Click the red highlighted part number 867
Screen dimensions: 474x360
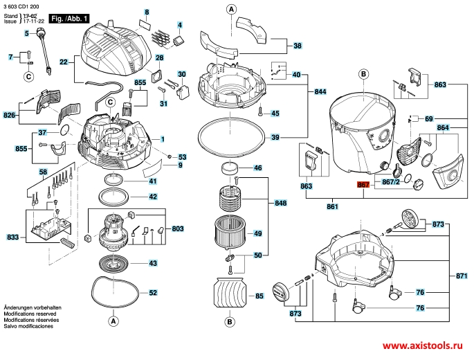click(363, 184)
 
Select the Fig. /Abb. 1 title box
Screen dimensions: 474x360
click(69, 19)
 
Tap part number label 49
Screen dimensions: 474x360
click(257, 233)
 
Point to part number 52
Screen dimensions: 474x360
click(153, 293)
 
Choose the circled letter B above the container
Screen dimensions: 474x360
click(363, 74)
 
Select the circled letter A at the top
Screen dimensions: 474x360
click(231, 10)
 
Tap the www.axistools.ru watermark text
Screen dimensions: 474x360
click(422, 345)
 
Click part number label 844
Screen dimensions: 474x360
click(320, 91)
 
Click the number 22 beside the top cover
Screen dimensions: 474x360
click(64, 62)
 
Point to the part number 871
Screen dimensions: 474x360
click(462, 276)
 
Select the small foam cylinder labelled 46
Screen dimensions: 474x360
click(230, 168)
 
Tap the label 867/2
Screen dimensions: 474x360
click(391, 182)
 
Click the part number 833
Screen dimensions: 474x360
click(12, 237)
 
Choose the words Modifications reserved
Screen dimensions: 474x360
click(30, 314)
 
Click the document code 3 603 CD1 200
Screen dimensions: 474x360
click(21, 7)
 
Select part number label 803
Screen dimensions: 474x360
click(177, 228)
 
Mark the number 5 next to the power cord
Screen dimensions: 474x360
click(26, 33)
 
